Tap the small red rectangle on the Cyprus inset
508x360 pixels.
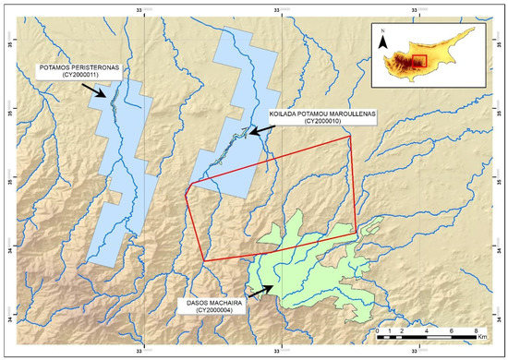click(x=418, y=62)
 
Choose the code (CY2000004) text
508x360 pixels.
click(x=225, y=312)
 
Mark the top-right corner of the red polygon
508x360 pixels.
click(x=350, y=136)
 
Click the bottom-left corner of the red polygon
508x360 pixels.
click(x=202, y=260)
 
